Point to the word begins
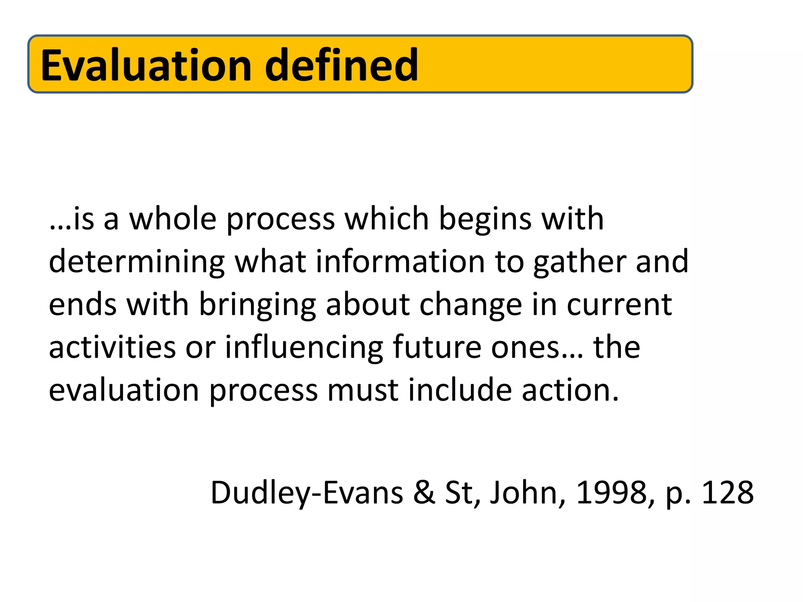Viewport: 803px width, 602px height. (485, 219)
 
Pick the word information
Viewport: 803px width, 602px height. (400, 261)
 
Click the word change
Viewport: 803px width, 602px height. (471, 305)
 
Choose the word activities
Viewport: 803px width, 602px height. (112, 347)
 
